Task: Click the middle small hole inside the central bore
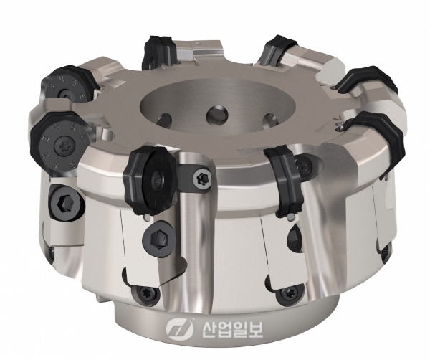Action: pyautogui.click(x=214, y=113)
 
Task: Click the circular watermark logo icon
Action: pyautogui.click(x=176, y=327)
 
